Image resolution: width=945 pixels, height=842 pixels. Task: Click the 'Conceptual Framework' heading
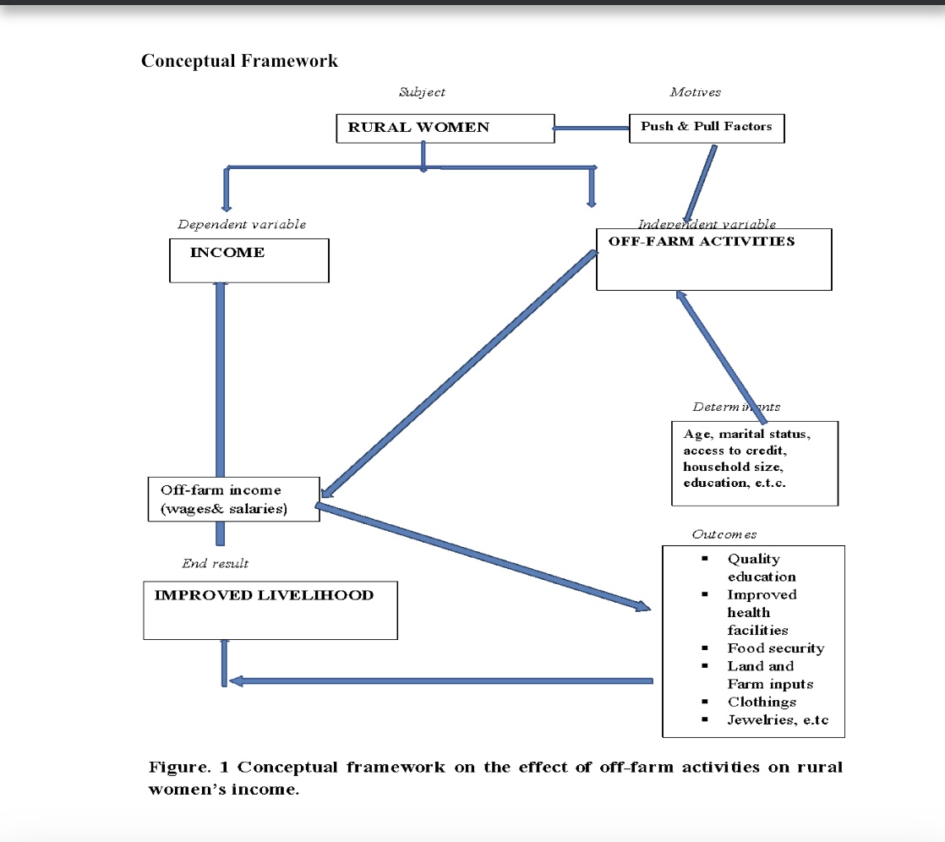pos(239,61)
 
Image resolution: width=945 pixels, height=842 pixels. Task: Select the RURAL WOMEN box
pos(445,128)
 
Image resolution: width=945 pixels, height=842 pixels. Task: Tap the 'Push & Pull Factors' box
pos(706,127)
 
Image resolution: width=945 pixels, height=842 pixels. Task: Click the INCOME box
pos(249,260)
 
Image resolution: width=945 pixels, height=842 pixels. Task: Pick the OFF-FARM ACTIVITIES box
pos(713,259)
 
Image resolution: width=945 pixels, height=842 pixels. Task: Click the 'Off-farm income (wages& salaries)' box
pos(233,500)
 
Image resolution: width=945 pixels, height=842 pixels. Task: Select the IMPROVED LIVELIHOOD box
pos(270,610)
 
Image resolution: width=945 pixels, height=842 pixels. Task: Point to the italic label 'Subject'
pos(422,91)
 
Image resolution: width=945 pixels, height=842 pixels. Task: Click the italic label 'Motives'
pos(695,91)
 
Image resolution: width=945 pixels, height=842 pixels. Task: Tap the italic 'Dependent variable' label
pos(242,224)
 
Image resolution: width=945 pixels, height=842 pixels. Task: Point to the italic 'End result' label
pos(215,563)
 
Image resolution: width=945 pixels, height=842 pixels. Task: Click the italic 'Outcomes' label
pos(724,534)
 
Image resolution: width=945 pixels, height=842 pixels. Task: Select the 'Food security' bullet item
pos(775,648)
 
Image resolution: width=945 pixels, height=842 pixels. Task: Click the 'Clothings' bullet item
pos(762,702)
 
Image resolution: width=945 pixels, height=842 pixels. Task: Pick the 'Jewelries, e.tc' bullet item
pos(773,720)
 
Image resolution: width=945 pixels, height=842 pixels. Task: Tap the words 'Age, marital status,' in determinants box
pos(747,434)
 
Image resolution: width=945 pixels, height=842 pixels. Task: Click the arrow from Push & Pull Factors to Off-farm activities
pos(701,183)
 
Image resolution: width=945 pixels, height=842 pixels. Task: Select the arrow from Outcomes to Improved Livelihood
pos(440,681)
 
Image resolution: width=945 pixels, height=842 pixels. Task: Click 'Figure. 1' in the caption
pos(188,768)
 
